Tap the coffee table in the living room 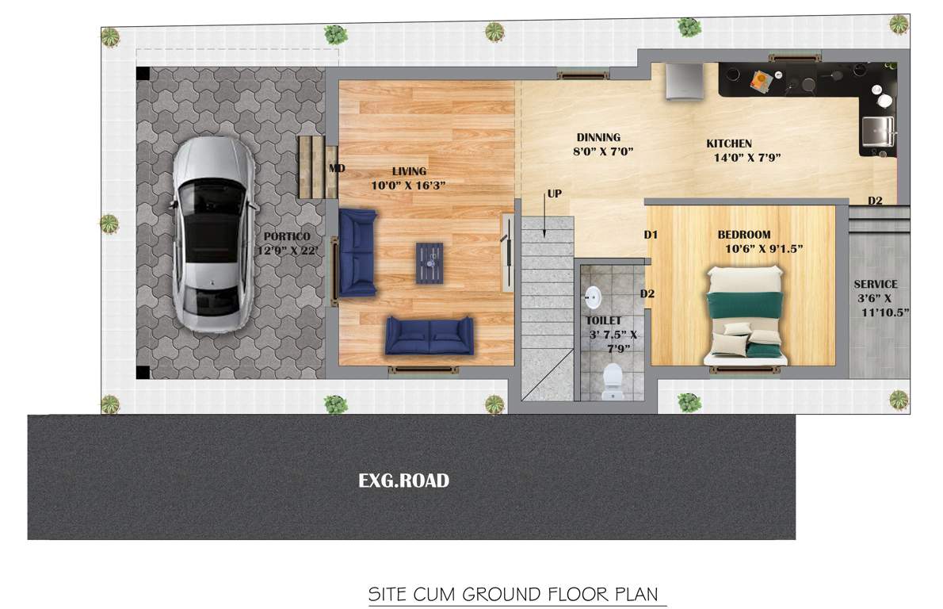coord(430,262)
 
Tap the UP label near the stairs coord(555,194)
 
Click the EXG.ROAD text coord(403,481)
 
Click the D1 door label coord(651,235)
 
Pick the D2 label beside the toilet coord(647,294)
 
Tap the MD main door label coord(337,168)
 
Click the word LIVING coord(409,171)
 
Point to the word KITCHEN coord(729,144)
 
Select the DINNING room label coord(598,137)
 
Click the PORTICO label coord(287,236)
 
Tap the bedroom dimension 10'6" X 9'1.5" coord(764,248)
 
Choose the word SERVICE coord(875,284)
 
